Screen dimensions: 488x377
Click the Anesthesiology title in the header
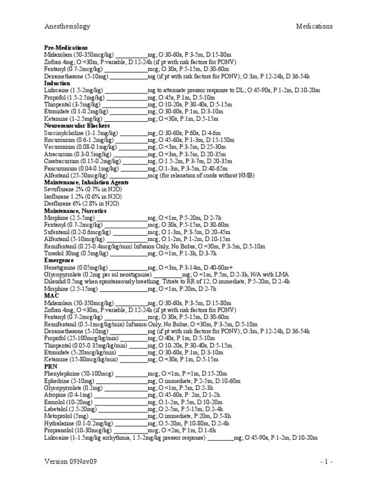pos(67,26)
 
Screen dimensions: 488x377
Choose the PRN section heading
pos(51,366)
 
